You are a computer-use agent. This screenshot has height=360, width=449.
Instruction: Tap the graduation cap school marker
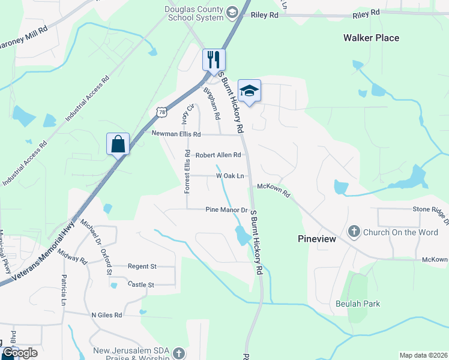click(249, 91)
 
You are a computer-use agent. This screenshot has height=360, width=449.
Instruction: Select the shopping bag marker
click(118, 145)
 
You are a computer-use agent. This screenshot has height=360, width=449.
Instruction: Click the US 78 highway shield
click(161, 111)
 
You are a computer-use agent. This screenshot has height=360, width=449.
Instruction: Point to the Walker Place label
click(371, 38)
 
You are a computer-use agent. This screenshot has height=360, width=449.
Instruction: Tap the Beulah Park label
click(358, 304)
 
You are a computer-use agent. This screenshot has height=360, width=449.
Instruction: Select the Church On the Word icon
click(354, 232)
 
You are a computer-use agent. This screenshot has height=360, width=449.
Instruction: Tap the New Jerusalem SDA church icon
click(178, 353)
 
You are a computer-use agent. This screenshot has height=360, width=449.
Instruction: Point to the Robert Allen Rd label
click(218, 155)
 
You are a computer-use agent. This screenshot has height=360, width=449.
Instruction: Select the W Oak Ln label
click(231, 176)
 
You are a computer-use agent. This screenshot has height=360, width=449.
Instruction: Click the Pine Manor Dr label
click(226, 210)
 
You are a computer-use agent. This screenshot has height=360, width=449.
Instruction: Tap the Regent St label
click(142, 266)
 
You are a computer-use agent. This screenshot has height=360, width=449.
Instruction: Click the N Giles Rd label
click(107, 314)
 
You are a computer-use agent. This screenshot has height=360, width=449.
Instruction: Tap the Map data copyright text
click(423, 355)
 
